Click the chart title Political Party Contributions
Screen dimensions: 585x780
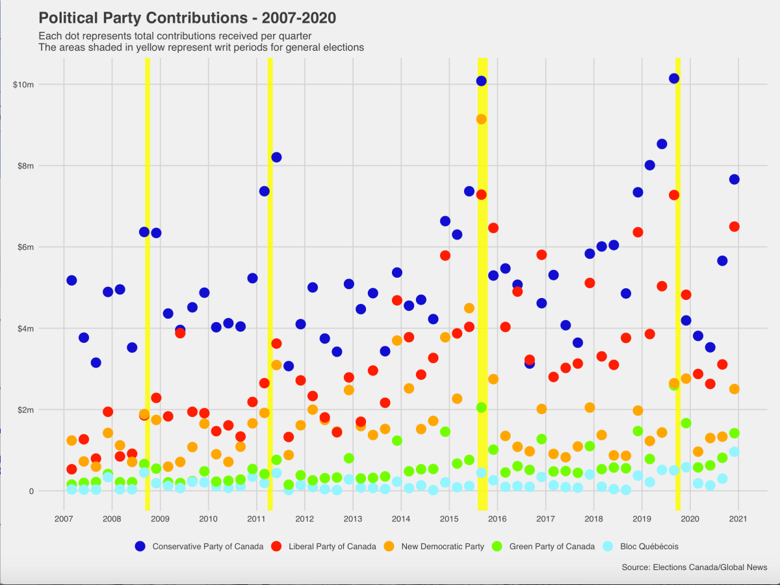coord(187,17)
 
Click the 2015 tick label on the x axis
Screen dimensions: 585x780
coord(448,519)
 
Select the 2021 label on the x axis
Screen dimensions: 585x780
coord(737,519)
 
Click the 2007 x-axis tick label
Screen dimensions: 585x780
coord(64,519)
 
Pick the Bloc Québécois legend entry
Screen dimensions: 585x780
coord(644,547)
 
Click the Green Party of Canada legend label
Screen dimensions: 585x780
coord(551,547)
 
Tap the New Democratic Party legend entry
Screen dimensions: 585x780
coord(442,547)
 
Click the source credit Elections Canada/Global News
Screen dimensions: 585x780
coord(694,567)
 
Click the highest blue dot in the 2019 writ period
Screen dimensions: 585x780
coord(674,79)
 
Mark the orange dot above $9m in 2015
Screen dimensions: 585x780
coord(481,119)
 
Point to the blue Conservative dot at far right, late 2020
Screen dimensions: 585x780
coord(734,180)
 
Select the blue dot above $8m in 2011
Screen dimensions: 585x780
coord(276,157)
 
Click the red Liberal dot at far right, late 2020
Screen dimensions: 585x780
coord(734,226)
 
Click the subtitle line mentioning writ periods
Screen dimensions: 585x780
coord(201,48)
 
